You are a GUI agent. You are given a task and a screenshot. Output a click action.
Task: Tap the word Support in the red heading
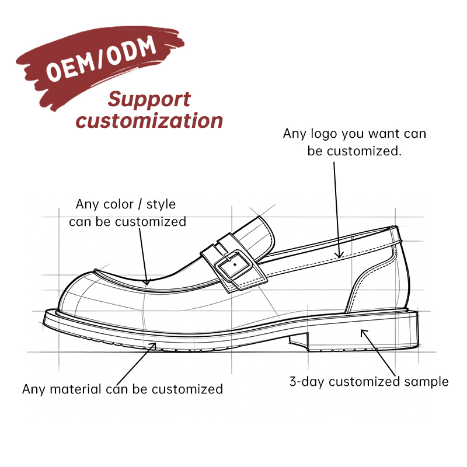coord(149,99)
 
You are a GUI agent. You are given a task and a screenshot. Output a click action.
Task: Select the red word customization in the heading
coord(149,121)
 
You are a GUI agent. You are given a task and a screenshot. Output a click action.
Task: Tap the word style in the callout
coord(161,205)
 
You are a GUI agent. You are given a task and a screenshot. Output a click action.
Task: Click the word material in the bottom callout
coord(76,389)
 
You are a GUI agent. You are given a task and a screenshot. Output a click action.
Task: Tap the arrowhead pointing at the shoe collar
coord(339,255)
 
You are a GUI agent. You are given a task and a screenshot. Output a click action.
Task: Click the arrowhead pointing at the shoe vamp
coord(147,281)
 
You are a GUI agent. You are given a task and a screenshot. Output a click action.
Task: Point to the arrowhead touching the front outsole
coord(153,346)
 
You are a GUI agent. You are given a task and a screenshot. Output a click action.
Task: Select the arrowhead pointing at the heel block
coord(364,332)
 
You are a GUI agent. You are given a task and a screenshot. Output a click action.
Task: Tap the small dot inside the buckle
coord(235,264)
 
